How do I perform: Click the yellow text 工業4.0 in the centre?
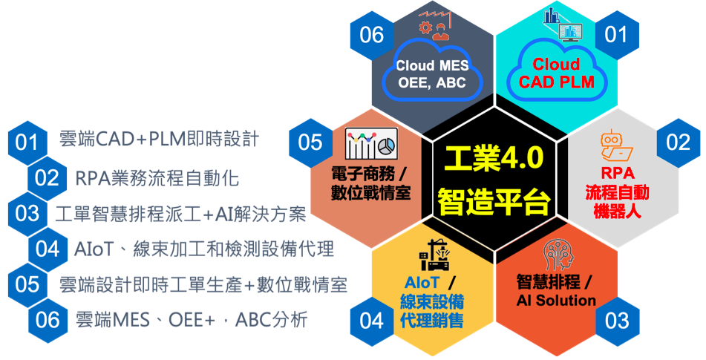494,158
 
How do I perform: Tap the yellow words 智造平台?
494,201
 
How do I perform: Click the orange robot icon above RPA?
616,145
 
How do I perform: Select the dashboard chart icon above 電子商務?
371,143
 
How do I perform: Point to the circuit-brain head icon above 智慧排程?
558,255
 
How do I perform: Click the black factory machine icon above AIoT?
434,255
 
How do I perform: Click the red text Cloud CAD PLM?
557,73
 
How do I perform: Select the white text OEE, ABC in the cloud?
432,83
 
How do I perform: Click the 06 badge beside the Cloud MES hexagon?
371,35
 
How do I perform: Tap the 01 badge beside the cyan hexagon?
616,34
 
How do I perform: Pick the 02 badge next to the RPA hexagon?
678,143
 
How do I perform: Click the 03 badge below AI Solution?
616,321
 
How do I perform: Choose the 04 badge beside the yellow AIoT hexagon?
371,321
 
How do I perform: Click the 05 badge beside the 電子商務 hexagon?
310,143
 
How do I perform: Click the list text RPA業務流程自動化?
157,179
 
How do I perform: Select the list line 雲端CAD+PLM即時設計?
160,139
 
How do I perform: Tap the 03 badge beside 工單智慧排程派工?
27,214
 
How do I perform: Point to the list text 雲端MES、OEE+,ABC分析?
192,320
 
